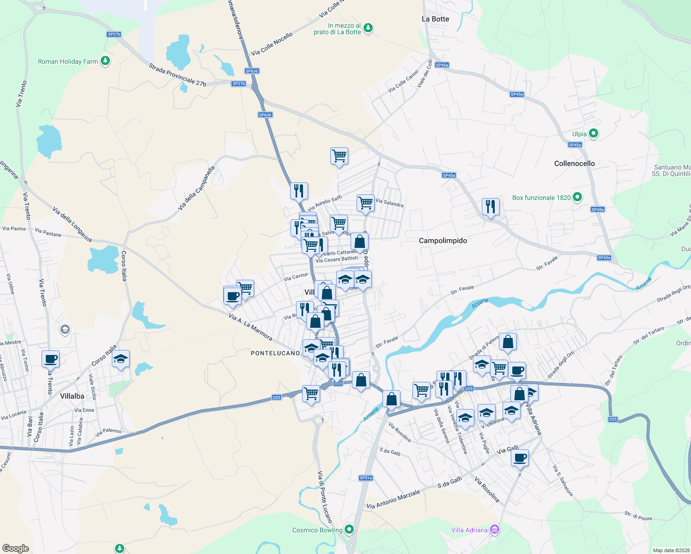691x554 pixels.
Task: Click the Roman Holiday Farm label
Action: (x=68, y=61)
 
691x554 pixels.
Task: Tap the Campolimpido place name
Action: (x=442, y=241)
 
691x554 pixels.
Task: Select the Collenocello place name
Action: (x=574, y=163)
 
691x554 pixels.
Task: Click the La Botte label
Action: (x=435, y=19)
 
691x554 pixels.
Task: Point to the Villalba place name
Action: (x=72, y=396)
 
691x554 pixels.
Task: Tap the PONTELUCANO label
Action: (x=275, y=353)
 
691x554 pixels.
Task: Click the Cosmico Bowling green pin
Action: (x=350, y=530)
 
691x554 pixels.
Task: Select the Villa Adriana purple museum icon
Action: (x=495, y=530)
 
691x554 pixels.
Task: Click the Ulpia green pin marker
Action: (x=594, y=134)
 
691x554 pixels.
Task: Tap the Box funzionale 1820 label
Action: (x=541, y=198)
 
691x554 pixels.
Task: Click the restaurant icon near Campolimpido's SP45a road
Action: (x=491, y=206)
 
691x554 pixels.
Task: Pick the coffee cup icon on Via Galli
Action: (x=520, y=458)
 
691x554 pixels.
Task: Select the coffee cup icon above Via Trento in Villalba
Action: (x=51, y=359)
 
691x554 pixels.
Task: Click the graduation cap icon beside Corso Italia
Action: (x=121, y=359)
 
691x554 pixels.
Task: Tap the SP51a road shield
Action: (x=365, y=478)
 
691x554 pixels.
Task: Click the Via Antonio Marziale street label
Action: (x=393, y=499)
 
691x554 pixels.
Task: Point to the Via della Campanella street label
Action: (x=197, y=188)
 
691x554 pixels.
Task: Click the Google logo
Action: (x=16, y=548)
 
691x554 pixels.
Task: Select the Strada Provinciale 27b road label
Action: (x=177, y=75)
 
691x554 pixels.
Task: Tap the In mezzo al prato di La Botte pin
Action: (x=368, y=28)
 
